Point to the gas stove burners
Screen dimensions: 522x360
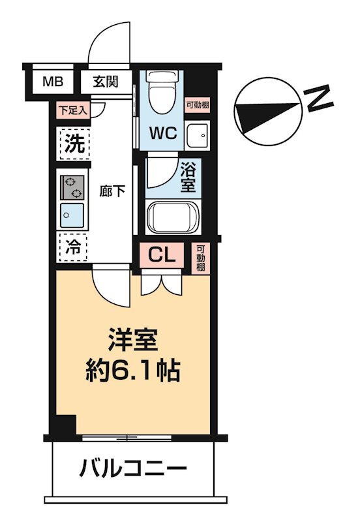click(72, 187)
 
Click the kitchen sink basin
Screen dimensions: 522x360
click(72, 213)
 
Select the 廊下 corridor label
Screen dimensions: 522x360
click(112, 191)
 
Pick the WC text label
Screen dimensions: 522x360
click(164, 132)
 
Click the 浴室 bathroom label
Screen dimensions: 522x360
click(188, 177)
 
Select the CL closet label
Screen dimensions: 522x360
click(163, 255)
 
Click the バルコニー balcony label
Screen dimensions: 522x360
click(134, 468)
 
